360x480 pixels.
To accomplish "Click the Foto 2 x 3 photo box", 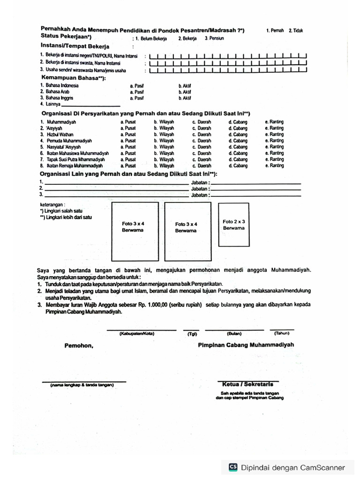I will point(234,225).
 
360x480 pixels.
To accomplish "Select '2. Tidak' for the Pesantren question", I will point(296,30).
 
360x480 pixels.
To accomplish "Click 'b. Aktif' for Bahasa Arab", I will point(185,92).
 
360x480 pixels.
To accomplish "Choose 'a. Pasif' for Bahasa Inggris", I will point(137,98).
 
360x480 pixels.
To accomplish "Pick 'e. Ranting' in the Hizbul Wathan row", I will point(274,135).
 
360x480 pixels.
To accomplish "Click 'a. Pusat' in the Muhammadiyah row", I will point(128,122).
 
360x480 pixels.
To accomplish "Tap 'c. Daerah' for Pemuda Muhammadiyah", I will point(202,141).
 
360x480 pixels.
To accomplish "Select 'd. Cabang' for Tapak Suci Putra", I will point(238,159).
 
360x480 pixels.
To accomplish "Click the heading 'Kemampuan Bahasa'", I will point(73,77).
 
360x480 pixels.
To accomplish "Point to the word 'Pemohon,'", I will point(79,345).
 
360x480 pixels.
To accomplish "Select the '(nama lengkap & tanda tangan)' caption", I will point(82,385).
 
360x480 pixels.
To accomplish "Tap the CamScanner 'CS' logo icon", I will point(233,467).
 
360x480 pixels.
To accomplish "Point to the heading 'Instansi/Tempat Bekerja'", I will point(75,46).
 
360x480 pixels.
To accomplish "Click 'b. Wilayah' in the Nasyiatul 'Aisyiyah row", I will point(164,147).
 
